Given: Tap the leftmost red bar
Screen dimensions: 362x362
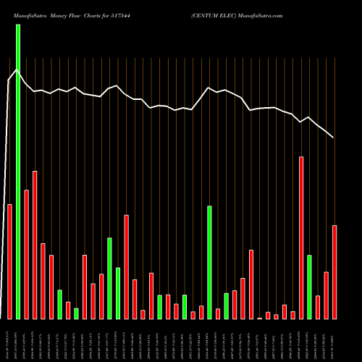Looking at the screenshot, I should tap(9, 261).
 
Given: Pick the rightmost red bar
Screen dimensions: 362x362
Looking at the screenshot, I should tap(334, 271).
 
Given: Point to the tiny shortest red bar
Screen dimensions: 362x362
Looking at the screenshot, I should tap(260, 318).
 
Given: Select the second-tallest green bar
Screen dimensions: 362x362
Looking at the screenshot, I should tap(209, 262).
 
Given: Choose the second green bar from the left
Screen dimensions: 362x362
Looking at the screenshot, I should tap(59, 304).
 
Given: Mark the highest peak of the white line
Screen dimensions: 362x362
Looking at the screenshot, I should tap(17, 70).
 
